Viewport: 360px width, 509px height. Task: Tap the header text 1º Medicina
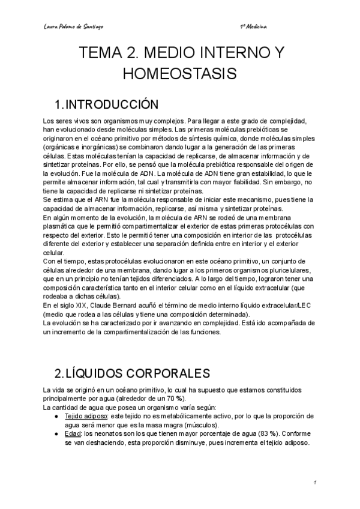click(253, 27)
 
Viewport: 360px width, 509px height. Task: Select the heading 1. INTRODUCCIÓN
click(106, 105)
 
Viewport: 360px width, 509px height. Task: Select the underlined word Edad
click(73, 433)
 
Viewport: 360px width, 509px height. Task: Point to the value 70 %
click(175, 399)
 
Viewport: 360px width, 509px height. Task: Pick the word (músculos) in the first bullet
click(201, 424)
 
